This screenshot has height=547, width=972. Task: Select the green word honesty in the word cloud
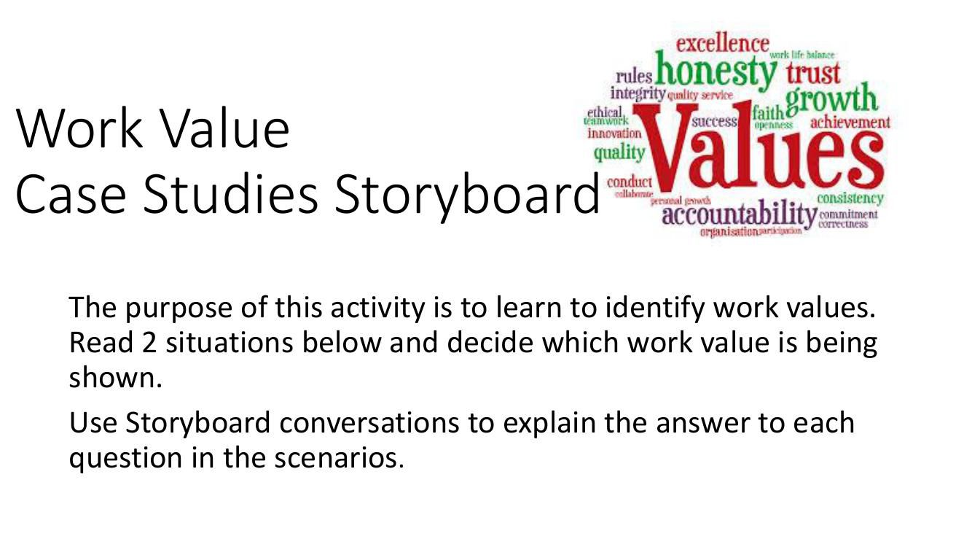[716, 73]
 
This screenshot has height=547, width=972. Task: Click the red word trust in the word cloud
[813, 72]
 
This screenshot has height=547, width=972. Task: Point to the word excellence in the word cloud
[722, 44]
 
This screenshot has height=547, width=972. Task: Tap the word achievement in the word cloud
[850, 122]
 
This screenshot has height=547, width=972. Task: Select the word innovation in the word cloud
[614, 134]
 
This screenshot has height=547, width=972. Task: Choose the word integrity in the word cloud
[638, 93]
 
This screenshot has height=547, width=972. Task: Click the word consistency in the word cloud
[850, 198]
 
